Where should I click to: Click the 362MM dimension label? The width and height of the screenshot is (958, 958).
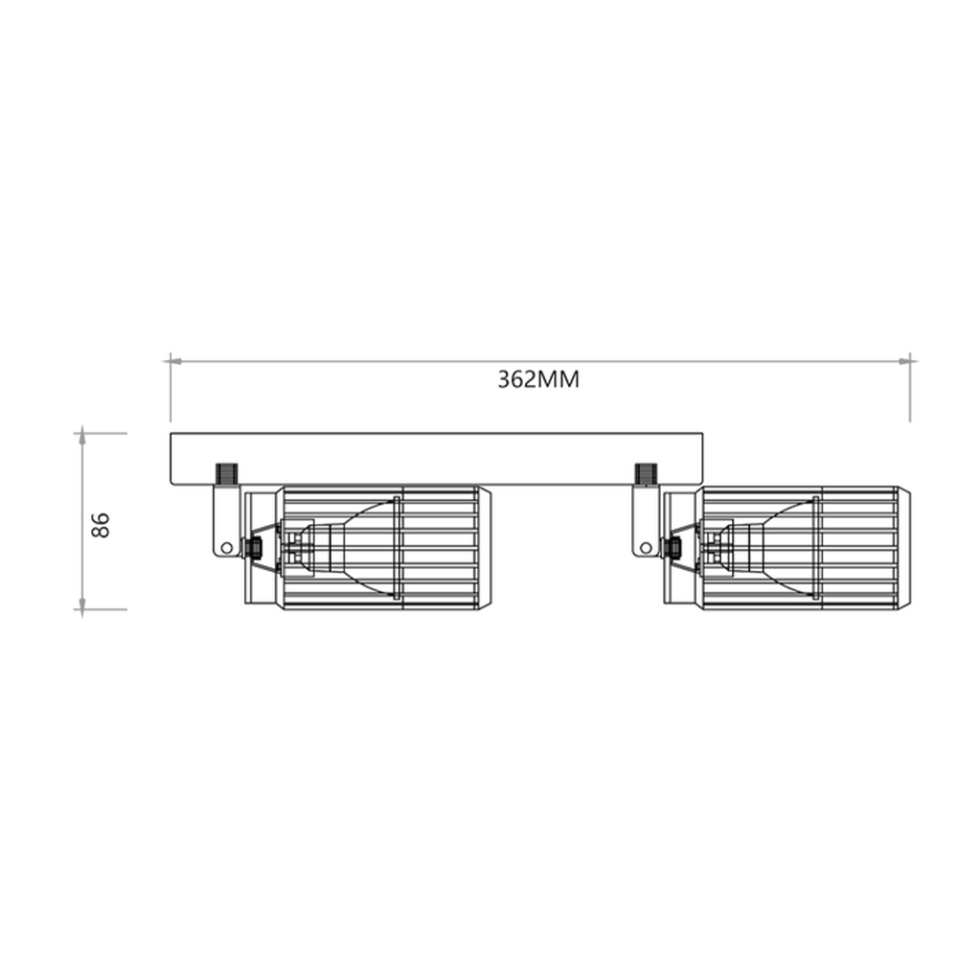(x=538, y=379)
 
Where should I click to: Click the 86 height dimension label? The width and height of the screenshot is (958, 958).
(x=101, y=525)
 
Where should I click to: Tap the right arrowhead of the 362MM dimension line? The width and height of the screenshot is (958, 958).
(x=904, y=362)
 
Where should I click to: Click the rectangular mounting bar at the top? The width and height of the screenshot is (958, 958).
(x=436, y=459)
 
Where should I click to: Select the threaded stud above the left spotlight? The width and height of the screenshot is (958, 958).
(x=226, y=474)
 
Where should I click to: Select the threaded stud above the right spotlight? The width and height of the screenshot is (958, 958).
(x=646, y=474)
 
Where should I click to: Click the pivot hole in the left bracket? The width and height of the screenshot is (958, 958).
(x=227, y=547)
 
